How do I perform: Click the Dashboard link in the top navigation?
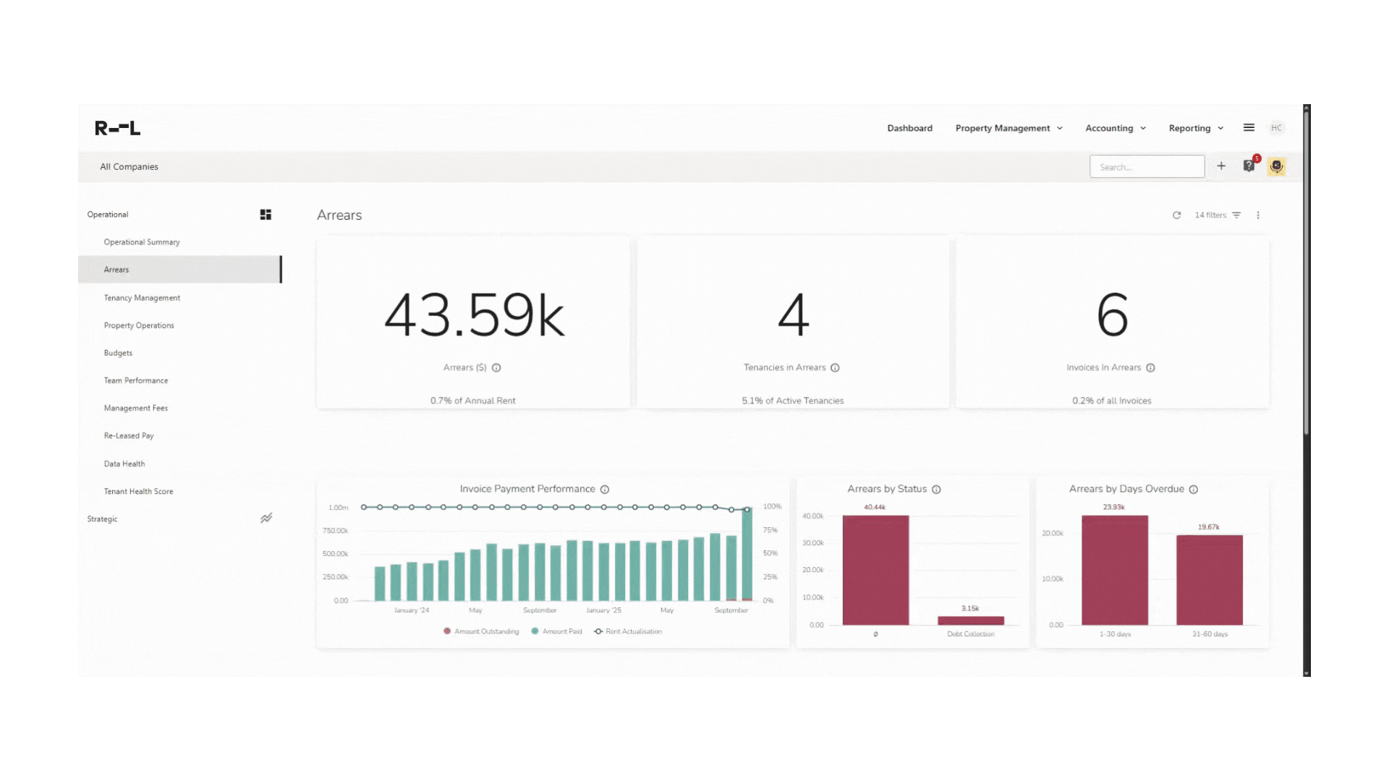[x=909, y=128]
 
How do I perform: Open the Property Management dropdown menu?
[x=1008, y=128]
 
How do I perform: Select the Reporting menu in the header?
[x=1196, y=128]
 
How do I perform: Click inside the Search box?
[x=1147, y=166]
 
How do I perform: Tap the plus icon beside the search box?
[x=1221, y=166]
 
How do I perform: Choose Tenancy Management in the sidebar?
[x=142, y=298]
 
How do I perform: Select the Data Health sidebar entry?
[x=124, y=464]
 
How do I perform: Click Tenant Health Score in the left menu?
[x=138, y=492]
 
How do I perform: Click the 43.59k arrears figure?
[x=473, y=315]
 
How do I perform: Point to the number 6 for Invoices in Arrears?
[x=1112, y=315]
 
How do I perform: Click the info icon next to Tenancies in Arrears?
[x=835, y=368]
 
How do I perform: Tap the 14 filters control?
[x=1217, y=215]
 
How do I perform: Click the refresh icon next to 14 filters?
[x=1176, y=215]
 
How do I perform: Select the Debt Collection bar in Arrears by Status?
[x=970, y=620]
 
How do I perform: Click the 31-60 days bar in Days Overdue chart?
[x=1209, y=580]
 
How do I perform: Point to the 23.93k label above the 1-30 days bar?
[x=1113, y=507]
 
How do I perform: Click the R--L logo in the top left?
[x=117, y=128]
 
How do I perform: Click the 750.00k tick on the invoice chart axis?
[x=335, y=531]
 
